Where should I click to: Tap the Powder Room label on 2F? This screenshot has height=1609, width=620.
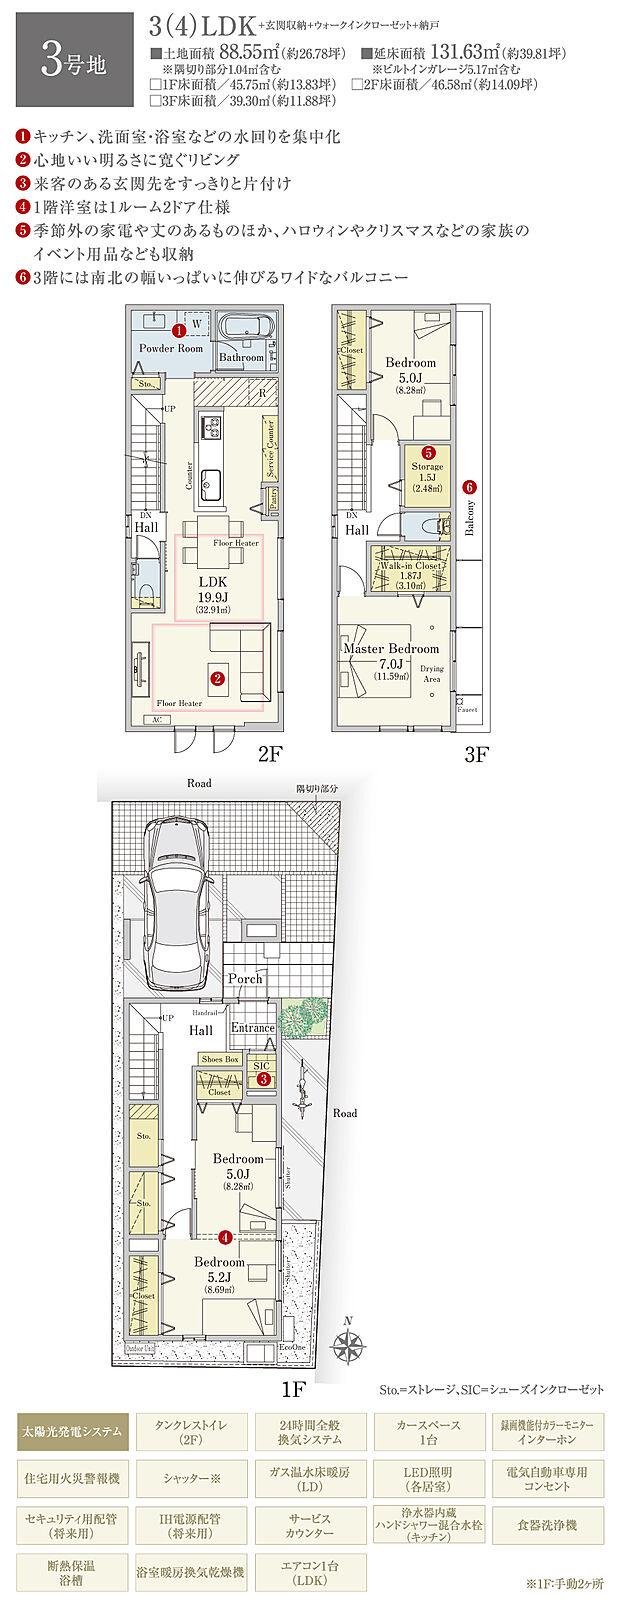tap(170, 349)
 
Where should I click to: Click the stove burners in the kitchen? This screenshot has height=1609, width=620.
tap(213, 427)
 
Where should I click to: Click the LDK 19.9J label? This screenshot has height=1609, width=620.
tap(213, 588)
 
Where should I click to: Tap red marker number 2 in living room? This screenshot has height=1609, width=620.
tap(217, 678)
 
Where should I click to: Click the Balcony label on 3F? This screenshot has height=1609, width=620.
tap(470, 517)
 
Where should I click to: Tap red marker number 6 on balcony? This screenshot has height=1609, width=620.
tap(470, 487)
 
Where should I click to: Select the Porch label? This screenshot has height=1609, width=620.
tap(245, 978)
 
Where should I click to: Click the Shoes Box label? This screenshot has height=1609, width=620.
tap(219, 1059)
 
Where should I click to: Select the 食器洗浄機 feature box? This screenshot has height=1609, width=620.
tap(547, 1525)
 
